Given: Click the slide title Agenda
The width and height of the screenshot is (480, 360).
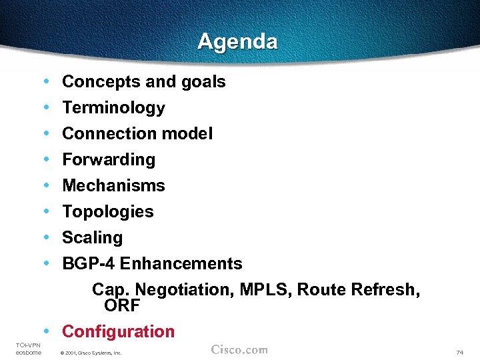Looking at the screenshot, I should tap(237, 42).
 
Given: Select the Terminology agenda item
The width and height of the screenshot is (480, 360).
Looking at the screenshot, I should tap(113, 108).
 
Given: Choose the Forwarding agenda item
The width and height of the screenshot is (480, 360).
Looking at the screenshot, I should tap(109, 160).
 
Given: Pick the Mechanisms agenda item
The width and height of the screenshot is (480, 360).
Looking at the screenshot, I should tap(113, 186).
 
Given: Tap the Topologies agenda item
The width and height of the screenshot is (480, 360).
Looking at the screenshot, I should tap(108, 212).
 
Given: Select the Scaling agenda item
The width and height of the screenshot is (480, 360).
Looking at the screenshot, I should tap(93, 238).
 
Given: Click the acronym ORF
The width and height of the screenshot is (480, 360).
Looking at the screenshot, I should tap(122, 306).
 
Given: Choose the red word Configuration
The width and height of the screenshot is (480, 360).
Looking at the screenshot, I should tap(118, 331).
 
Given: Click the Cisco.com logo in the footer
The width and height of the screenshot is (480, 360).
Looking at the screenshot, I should tap(239, 350).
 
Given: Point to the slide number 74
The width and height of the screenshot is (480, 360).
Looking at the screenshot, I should tap(459, 352).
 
